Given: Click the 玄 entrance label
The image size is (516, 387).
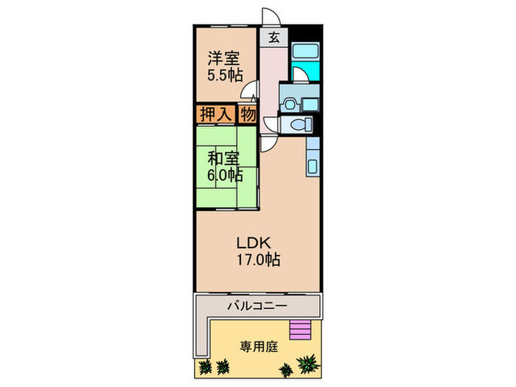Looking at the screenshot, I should tap(273, 38).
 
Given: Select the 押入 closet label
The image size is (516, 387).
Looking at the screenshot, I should tap(215, 114).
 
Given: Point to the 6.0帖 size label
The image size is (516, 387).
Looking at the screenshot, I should tap(223, 175).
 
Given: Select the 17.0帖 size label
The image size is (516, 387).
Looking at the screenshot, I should tap(257, 259).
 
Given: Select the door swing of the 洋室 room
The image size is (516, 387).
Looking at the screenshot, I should tap(251, 94).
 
